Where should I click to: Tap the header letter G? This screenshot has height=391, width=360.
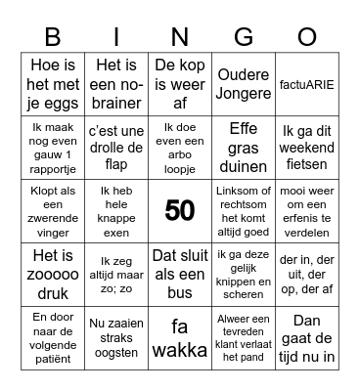tap(244, 37)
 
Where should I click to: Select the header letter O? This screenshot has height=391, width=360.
tap(307, 37)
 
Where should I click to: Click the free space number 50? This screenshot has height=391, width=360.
tap(180, 209)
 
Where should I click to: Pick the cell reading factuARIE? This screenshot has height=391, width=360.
tap(307, 84)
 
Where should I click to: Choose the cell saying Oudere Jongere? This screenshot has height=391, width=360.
tap(244, 84)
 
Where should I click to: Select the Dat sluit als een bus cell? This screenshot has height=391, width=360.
tap(180, 272)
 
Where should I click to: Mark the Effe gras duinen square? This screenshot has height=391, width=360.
tap(244, 147)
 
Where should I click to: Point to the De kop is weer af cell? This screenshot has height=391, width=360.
tap(180, 84)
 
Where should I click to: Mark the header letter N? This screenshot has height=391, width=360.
tap(180, 37)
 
